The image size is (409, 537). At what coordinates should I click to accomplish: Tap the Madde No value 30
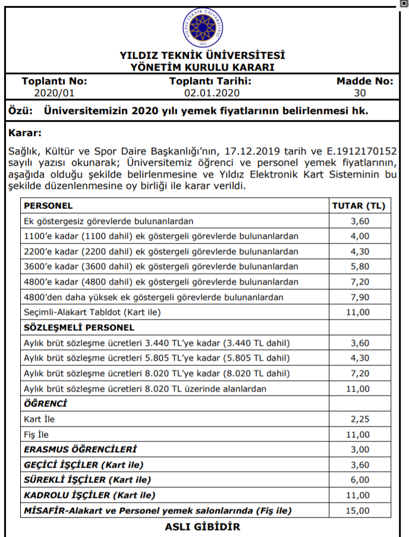coord(360,93)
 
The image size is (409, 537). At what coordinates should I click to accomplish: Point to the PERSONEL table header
coord(48,206)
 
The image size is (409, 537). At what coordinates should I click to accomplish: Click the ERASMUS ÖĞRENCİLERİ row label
coord(80,449)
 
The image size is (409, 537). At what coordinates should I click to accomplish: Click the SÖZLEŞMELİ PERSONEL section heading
coord(79,327)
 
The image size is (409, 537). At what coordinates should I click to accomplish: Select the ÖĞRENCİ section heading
coord(45,403)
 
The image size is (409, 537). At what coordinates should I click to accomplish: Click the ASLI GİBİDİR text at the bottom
coord(202,527)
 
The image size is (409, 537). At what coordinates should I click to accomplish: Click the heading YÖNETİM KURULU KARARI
coord(202,67)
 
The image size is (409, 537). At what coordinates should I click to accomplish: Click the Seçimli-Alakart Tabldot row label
coord(92,311)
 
